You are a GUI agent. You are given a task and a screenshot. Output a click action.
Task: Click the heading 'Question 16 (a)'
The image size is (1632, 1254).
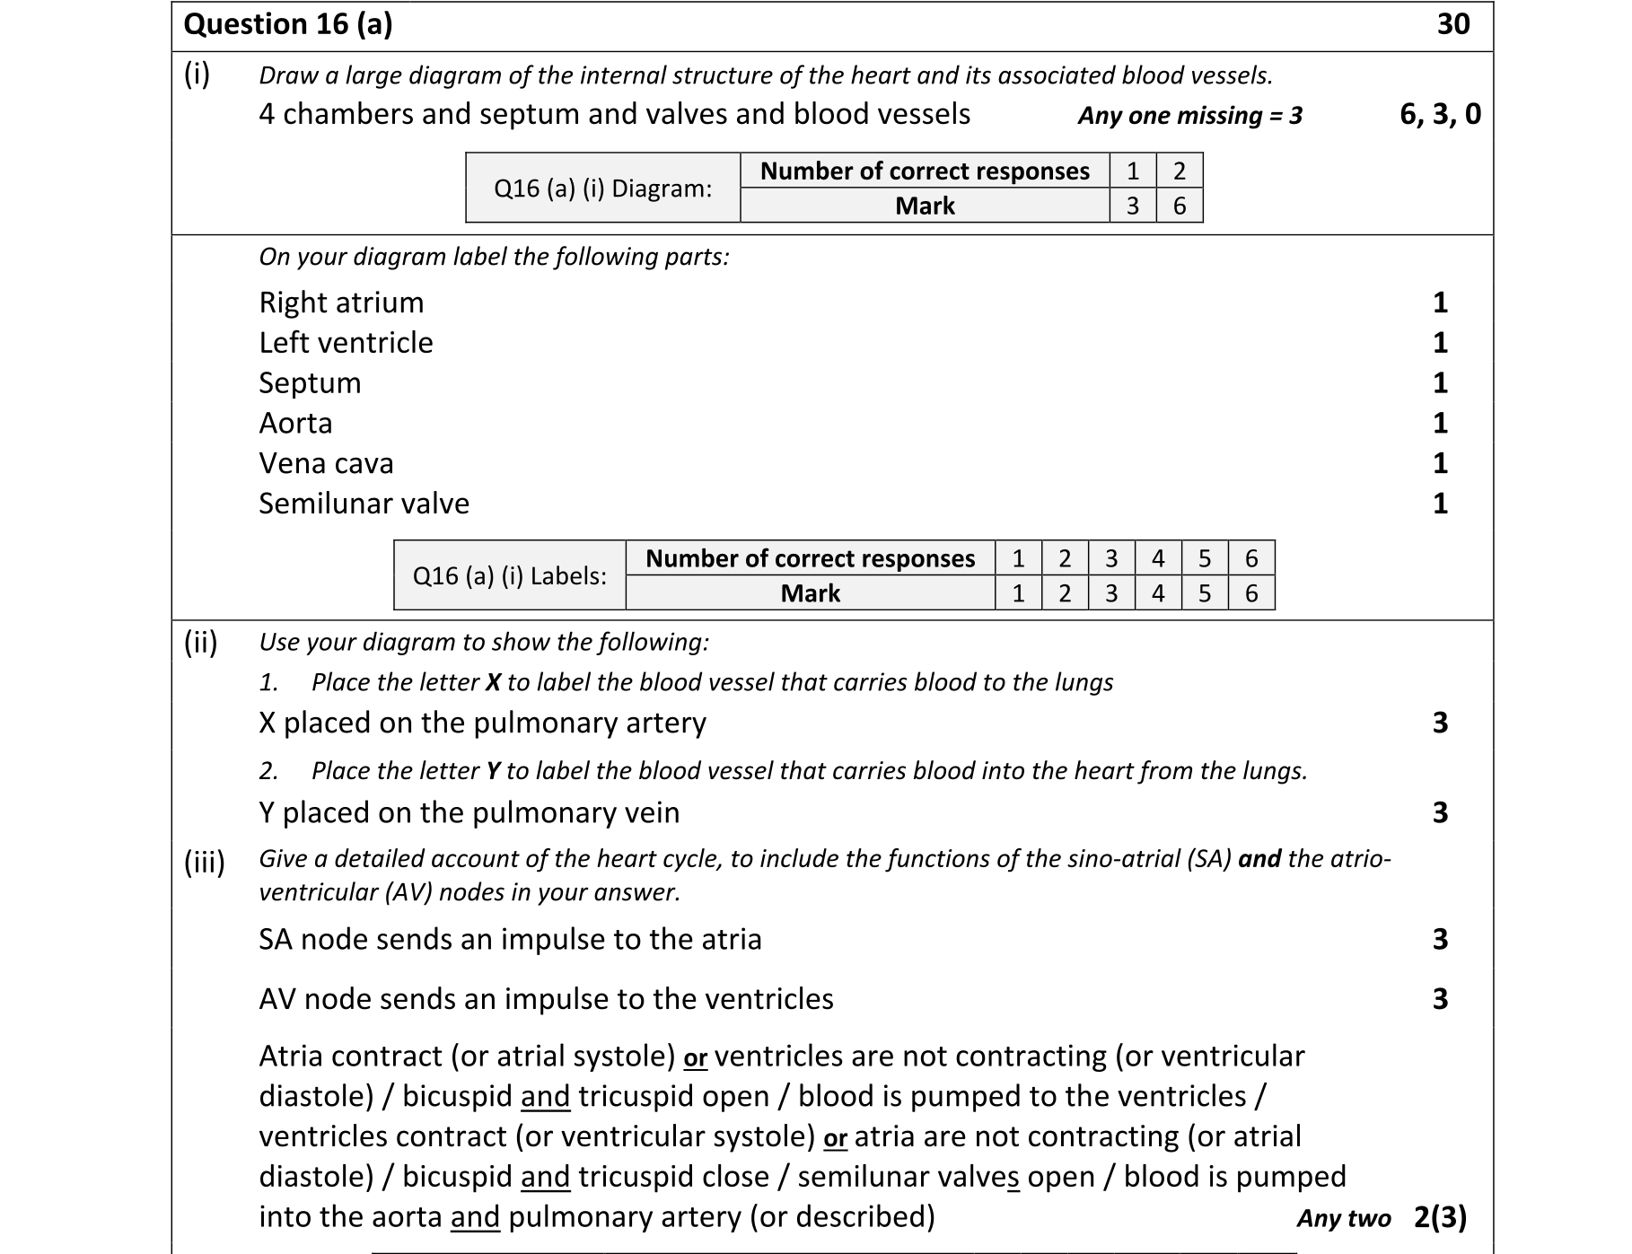click(287, 24)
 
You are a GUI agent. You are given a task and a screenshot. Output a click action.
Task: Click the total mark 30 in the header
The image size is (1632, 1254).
click(1452, 24)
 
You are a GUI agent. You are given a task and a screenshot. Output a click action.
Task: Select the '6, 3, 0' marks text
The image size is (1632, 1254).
click(1440, 114)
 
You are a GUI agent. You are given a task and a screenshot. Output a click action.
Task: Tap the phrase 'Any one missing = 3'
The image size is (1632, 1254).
click(1189, 116)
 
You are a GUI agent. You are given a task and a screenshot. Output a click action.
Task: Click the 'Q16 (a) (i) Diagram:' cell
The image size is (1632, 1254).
click(602, 189)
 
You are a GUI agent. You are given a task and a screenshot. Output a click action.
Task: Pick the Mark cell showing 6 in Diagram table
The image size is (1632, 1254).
click(1180, 206)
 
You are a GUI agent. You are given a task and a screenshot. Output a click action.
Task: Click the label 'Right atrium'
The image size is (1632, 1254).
click(341, 303)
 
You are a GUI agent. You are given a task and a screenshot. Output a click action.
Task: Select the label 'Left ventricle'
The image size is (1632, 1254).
click(346, 343)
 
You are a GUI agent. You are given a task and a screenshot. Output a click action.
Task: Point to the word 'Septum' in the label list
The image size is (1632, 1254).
click(310, 383)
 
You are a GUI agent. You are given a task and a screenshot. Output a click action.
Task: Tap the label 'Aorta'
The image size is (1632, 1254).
click(295, 423)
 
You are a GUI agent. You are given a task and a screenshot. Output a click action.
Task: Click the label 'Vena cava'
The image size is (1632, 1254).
click(326, 463)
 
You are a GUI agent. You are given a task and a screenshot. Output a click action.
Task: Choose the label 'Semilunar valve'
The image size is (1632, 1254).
click(364, 504)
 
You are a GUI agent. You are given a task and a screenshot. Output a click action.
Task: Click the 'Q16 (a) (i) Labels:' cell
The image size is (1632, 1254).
click(509, 576)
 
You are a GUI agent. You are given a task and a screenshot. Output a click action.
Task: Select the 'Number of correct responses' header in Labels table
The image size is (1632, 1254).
click(810, 558)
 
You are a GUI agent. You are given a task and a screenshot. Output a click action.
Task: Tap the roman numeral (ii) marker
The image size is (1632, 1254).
click(200, 643)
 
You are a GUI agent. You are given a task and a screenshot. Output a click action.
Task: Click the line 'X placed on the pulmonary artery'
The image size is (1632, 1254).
click(482, 723)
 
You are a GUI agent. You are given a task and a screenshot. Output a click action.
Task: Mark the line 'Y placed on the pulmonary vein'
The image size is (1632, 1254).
click(469, 812)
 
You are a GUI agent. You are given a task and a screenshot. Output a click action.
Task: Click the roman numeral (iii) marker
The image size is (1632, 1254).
click(204, 863)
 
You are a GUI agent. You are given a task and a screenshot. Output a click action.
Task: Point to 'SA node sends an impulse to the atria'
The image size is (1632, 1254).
click(510, 939)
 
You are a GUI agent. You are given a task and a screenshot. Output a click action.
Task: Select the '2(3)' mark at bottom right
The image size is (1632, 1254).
click(1440, 1217)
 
